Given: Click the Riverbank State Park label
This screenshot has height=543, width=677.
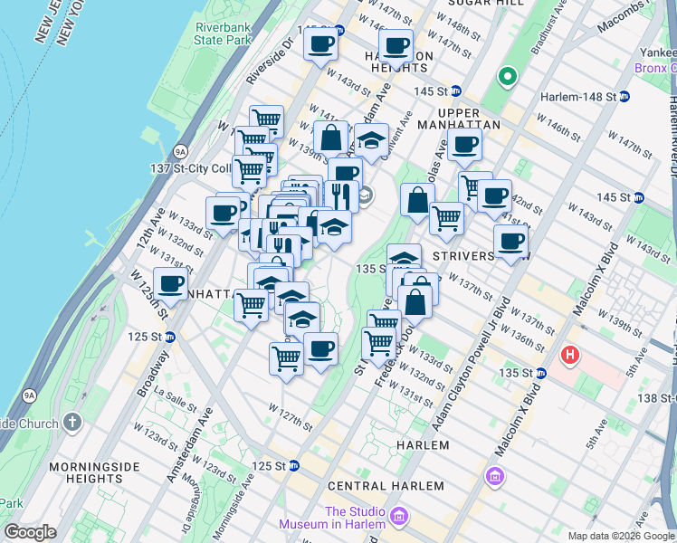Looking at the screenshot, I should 224,33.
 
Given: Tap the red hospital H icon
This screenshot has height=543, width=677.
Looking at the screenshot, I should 570,354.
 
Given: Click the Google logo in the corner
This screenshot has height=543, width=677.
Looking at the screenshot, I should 30,532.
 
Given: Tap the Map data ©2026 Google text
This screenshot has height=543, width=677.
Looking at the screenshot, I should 620,536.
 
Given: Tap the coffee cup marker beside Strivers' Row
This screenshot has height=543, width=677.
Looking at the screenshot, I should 510,242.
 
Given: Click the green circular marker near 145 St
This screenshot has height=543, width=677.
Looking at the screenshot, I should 508,79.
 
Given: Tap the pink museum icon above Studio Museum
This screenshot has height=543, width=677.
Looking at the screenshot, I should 494,476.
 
